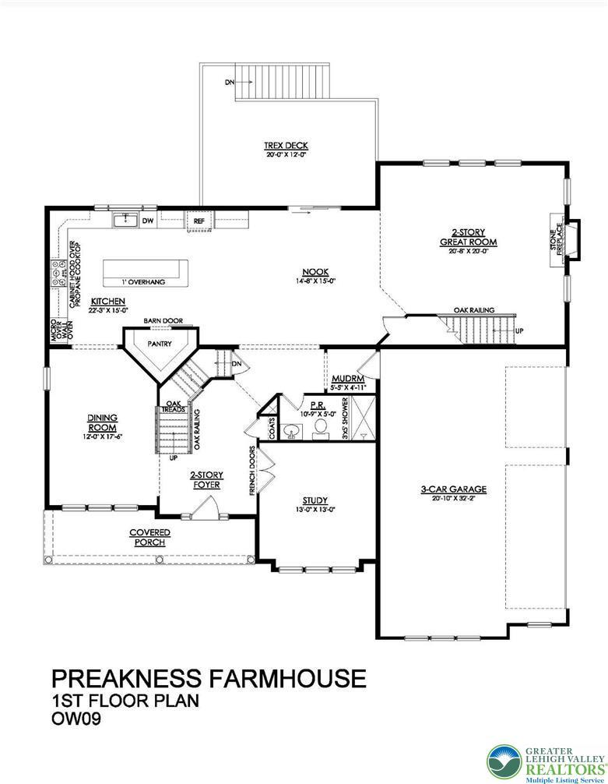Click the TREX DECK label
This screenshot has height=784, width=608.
pos(286,146)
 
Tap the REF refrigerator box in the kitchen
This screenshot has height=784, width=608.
pos(199,222)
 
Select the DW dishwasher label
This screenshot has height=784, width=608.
pos(147,222)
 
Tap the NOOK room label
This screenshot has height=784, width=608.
pos(315,272)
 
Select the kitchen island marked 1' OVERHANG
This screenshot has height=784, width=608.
pos(145,270)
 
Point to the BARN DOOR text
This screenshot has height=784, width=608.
pos(163,320)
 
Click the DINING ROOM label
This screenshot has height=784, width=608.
pos(102,422)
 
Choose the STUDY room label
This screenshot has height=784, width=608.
pos(315,500)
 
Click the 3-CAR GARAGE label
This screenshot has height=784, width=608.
pos(453,489)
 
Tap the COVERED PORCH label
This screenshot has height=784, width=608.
pos(149,537)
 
